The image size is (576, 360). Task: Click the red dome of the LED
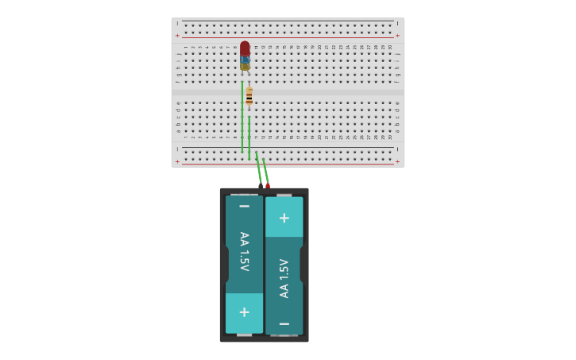coord(245,48)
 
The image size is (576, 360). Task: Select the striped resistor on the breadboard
coord(249,97)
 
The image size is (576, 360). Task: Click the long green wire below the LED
coord(242,119)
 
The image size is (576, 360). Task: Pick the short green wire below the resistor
coord(249,137)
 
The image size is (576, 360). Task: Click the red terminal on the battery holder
coord(268,185)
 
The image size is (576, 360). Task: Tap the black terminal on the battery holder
coord(261,184)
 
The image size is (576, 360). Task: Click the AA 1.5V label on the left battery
coord(244,251)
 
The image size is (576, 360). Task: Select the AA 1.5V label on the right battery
coord(284,278)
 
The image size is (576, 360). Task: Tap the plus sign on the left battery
coord(244,312)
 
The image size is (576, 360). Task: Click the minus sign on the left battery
coord(244,206)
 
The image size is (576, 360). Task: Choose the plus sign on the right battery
coord(284,217)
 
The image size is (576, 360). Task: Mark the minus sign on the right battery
coord(284,323)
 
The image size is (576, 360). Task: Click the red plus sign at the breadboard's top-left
coord(177,35)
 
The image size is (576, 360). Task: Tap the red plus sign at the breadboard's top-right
coord(397,35)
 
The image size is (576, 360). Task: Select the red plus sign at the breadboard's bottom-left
coord(177,161)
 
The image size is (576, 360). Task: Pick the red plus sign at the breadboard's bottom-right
coord(397,161)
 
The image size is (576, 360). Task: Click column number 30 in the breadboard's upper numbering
coord(390,47)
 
